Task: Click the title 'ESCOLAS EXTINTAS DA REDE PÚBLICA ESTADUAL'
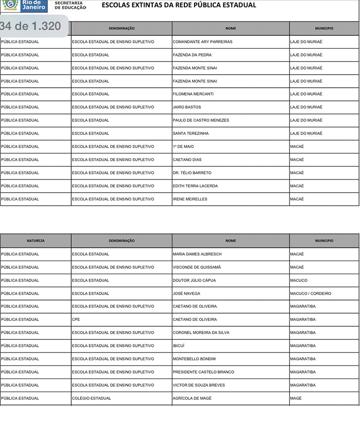pyautogui.click(x=179, y=5)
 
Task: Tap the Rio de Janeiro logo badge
pyautogui.click(x=24, y=5)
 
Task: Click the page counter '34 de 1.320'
pyautogui.click(x=31, y=26)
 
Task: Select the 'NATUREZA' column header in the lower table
pyautogui.click(x=36, y=240)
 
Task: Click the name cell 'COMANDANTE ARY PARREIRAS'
pyautogui.click(x=202, y=42)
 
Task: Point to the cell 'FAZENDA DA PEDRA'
pyautogui.click(x=192, y=55)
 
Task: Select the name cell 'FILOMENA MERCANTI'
pyautogui.click(x=193, y=94)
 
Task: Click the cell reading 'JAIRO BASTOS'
pyautogui.click(x=187, y=107)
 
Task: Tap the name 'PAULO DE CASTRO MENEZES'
pyautogui.click(x=200, y=120)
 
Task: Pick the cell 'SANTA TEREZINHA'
pyautogui.click(x=191, y=134)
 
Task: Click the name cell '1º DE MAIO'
pyautogui.click(x=183, y=147)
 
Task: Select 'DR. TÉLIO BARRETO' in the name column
pyautogui.click(x=192, y=173)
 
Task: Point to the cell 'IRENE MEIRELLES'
pyautogui.click(x=190, y=199)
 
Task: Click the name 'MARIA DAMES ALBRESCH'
pyautogui.click(x=197, y=254)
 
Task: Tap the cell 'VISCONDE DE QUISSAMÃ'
pyautogui.click(x=197, y=267)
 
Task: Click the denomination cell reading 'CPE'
pyautogui.click(x=76, y=320)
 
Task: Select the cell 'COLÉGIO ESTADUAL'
pyautogui.click(x=91, y=398)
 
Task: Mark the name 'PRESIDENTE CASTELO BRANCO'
pyautogui.click(x=203, y=372)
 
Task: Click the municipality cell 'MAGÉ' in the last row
pyautogui.click(x=296, y=398)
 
